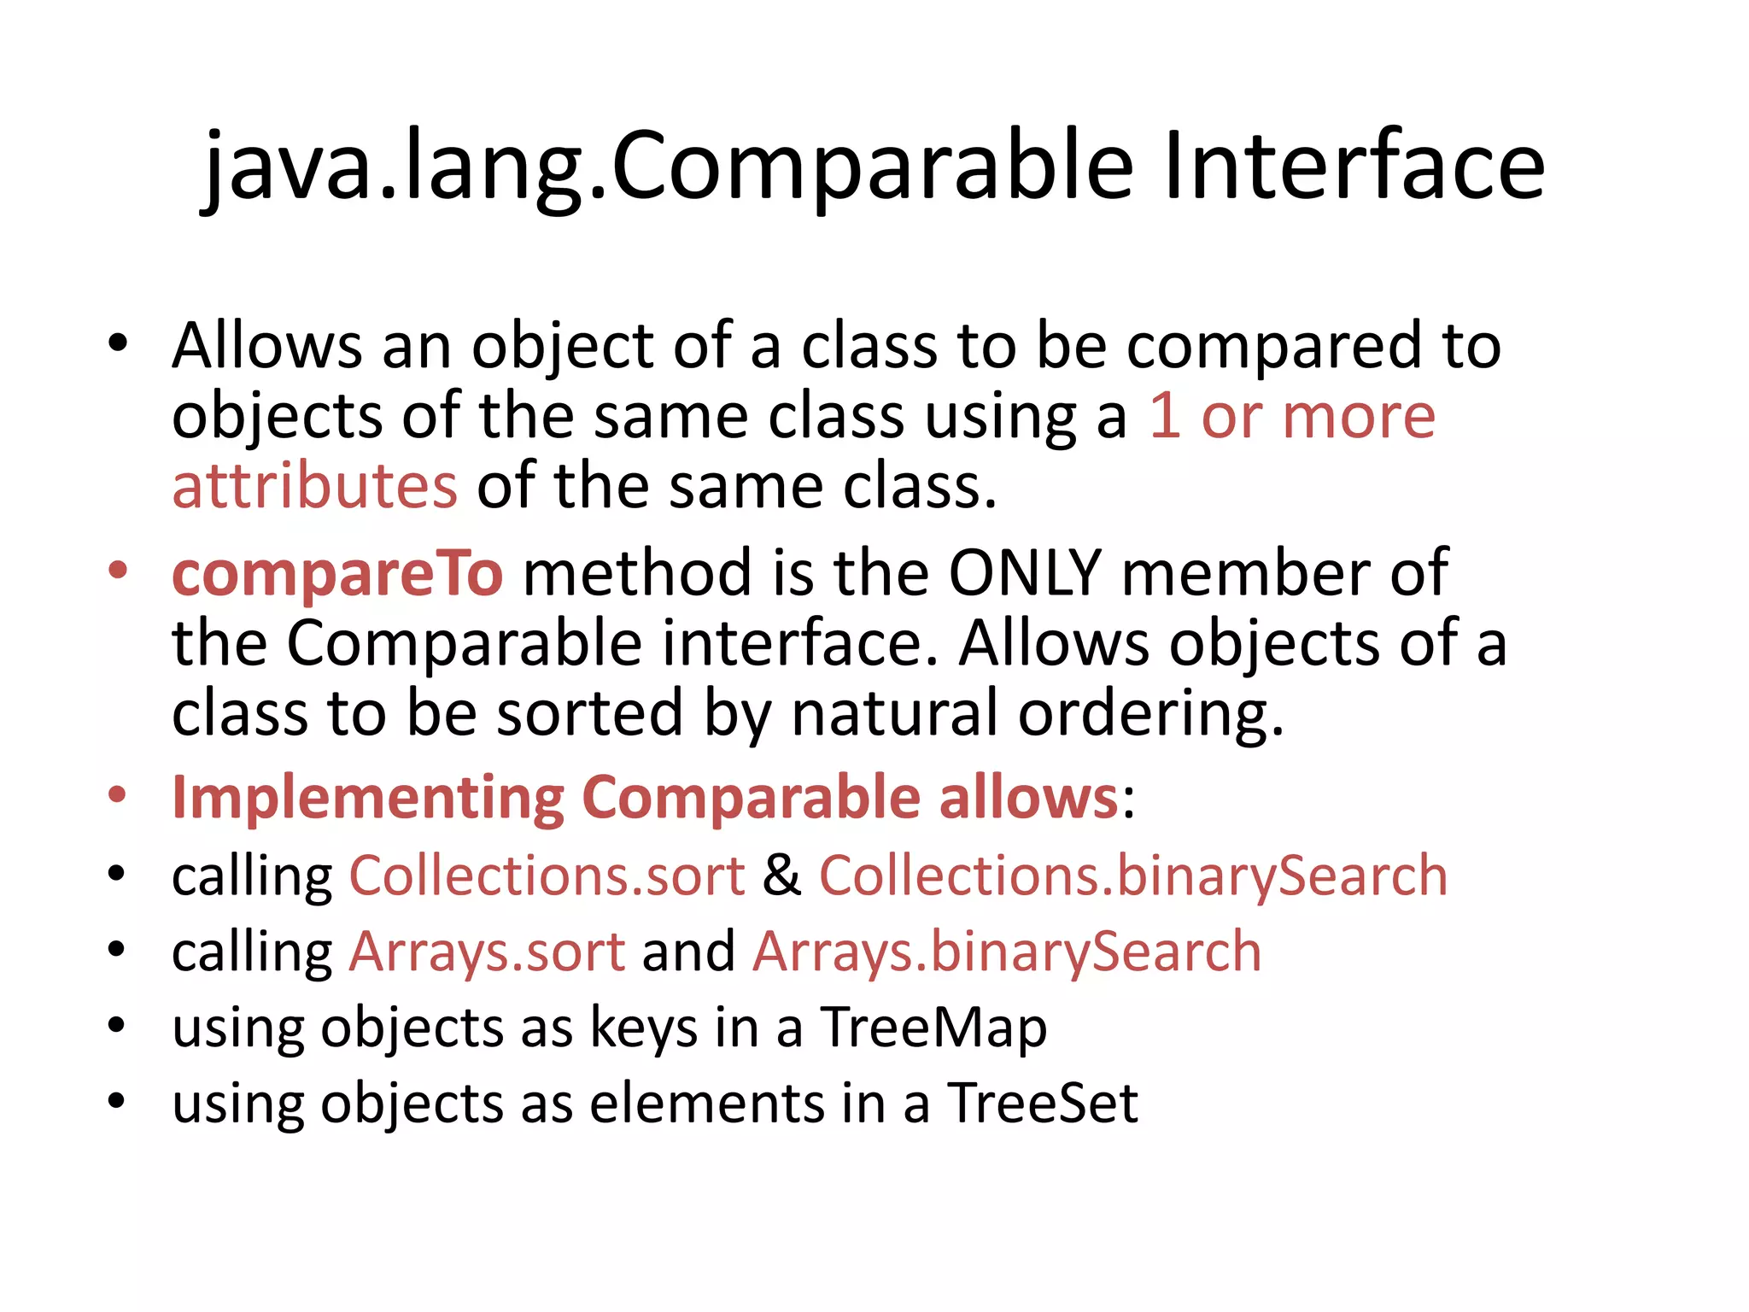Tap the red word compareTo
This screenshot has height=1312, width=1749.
click(x=338, y=573)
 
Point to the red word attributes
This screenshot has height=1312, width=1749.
click(x=315, y=485)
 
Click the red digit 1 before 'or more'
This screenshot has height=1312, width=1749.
click(x=1165, y=416)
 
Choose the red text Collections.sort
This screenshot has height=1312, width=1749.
click(x=547, y=876)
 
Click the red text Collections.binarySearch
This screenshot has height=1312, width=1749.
click(x=1133, y=876)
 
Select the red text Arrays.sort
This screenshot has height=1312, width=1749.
click(x=488, y=952)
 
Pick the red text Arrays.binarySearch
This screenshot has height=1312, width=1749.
click(x=1007, y=952)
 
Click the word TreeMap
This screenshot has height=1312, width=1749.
click(x=933, y=1028)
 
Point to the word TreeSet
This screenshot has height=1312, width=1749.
click(x=1043, y=1103)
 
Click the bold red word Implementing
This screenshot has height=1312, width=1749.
click(x=368, y=798)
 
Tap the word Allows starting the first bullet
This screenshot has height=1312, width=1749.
click(x=267, y=346)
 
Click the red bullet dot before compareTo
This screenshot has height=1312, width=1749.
click(x=118, y=570)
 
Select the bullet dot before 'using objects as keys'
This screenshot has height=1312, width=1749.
click(x=118, y=1024)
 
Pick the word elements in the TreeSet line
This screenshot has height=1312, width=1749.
click(x=706, y=1103)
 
